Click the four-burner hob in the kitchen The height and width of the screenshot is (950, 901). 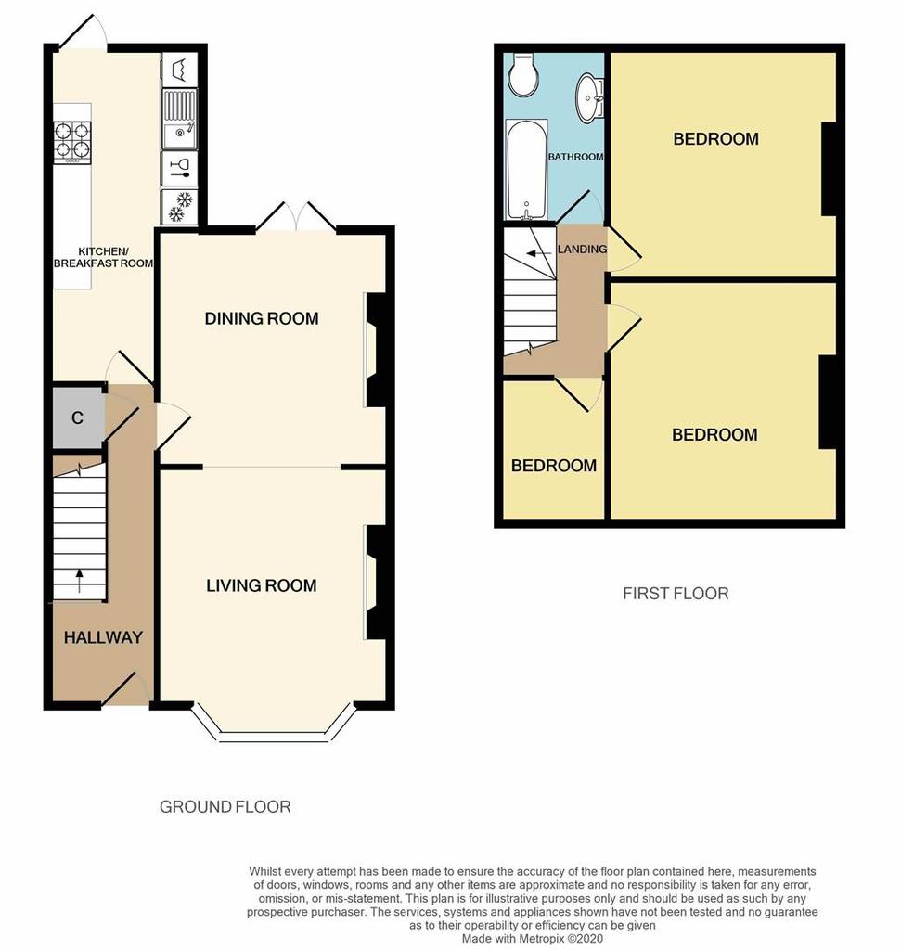click(x=73, y=141)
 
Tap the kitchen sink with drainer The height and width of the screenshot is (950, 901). click(x=179, y=119)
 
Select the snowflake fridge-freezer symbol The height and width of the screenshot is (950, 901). click(x=179, y=206)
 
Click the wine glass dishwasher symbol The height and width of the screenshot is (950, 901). click(x=179, y=168)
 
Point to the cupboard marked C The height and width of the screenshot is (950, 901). click(x=77, y=417)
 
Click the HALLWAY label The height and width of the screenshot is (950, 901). click(x=103, y=637)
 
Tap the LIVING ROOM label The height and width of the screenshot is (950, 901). click(x=261, y=585)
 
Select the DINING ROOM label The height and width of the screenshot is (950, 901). click(x=261, y=318)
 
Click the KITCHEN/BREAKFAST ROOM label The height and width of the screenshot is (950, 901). click(x=103, y=257)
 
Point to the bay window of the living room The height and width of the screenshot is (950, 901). click(x=275, y=729)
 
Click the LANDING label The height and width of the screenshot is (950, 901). click(x=582, y=249)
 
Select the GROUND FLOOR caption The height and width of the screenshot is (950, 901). click(x=225, y=806)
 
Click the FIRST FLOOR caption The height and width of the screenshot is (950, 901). click(x=676, y=593)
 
